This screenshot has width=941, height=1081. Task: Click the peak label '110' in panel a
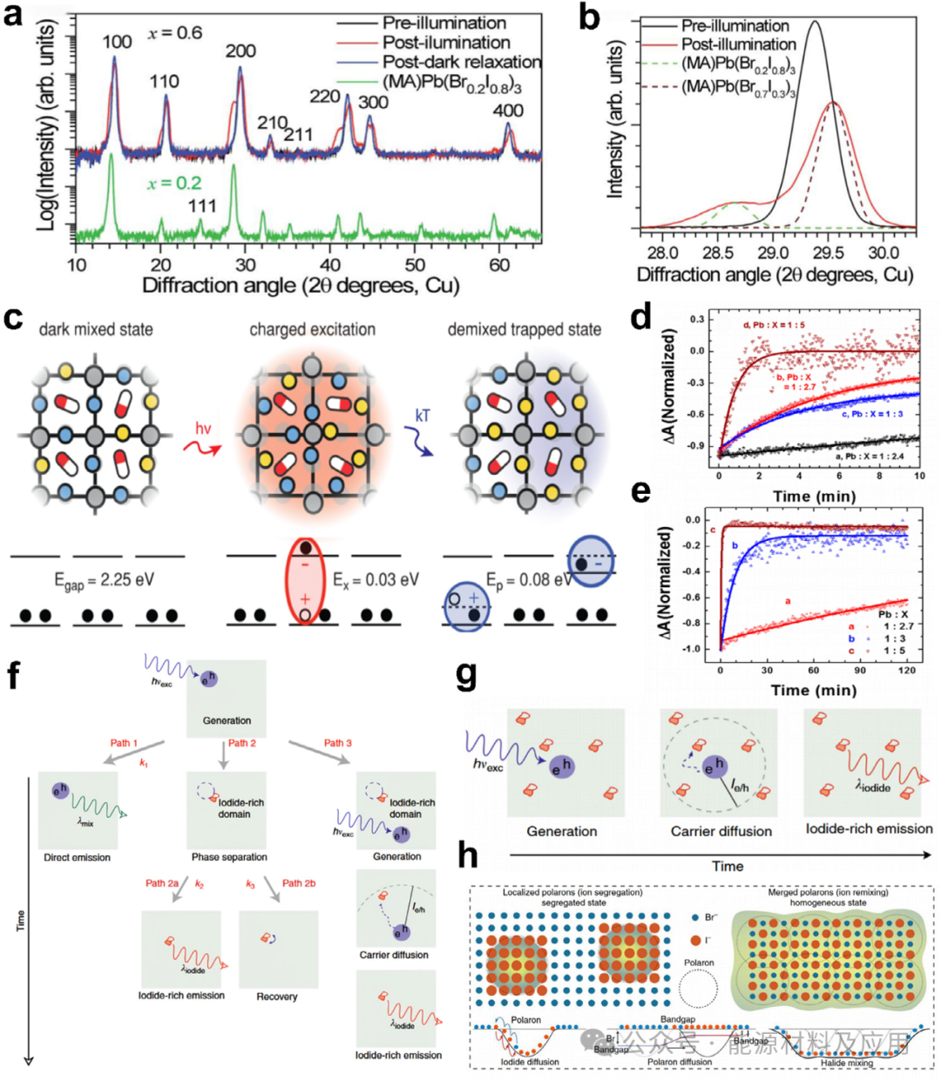[164, 81]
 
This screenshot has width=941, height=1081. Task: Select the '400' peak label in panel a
[508, 111]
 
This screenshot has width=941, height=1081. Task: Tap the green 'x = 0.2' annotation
[174, 183]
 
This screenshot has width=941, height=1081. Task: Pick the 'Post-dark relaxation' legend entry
[462, 62]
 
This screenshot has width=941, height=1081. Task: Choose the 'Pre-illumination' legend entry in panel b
[735, 26]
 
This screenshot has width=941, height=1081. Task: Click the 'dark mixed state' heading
[96, 329]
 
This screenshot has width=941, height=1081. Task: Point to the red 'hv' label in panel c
[202, 429]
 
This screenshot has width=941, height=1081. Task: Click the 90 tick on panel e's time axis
[860, 671]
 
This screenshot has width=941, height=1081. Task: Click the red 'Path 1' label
[124, 743]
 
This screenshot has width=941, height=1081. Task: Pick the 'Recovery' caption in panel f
[277, 997]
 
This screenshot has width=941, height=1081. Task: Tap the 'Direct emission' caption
[78, 858]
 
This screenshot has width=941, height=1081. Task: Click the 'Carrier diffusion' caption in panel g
[721, 831]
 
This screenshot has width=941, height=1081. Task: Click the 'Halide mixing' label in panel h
[847, 1063]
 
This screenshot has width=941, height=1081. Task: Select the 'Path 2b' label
[299, 883]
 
